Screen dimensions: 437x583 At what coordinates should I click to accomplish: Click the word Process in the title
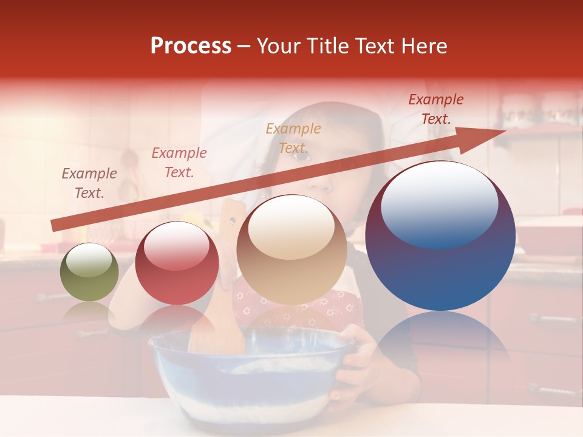(x=191, y=46)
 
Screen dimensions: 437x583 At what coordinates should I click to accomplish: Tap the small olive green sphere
(x=89, y=273)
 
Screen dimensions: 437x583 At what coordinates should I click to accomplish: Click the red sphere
(x=177, y=264)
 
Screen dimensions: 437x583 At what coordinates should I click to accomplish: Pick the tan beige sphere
(x=291, y=250)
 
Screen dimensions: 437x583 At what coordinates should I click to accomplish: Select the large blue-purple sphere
(x=440, y=237)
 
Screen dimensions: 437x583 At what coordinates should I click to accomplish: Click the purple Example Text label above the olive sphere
(x=89, y=183)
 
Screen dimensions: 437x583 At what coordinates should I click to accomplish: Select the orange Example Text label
(x=293, y=138)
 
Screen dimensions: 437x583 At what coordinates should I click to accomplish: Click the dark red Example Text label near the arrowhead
(x=436, y=109)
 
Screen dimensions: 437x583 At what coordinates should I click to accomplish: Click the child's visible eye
(x=302, y=157)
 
